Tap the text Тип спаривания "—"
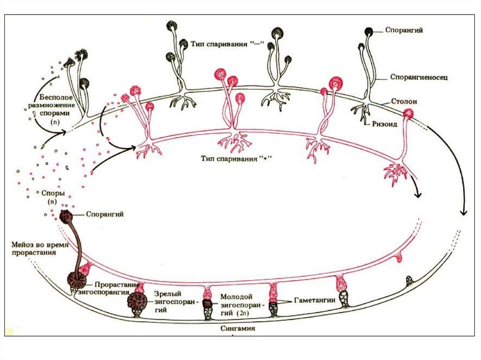click(228, 44)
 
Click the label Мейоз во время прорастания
click(40, 249)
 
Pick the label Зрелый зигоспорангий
click(172, 301)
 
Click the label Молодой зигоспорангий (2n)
click(237, 305)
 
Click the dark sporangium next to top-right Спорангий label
click(369, 31)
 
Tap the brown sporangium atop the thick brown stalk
click(65, 217)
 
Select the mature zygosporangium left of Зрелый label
click(136, 300)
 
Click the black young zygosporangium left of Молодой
click(207, 304)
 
